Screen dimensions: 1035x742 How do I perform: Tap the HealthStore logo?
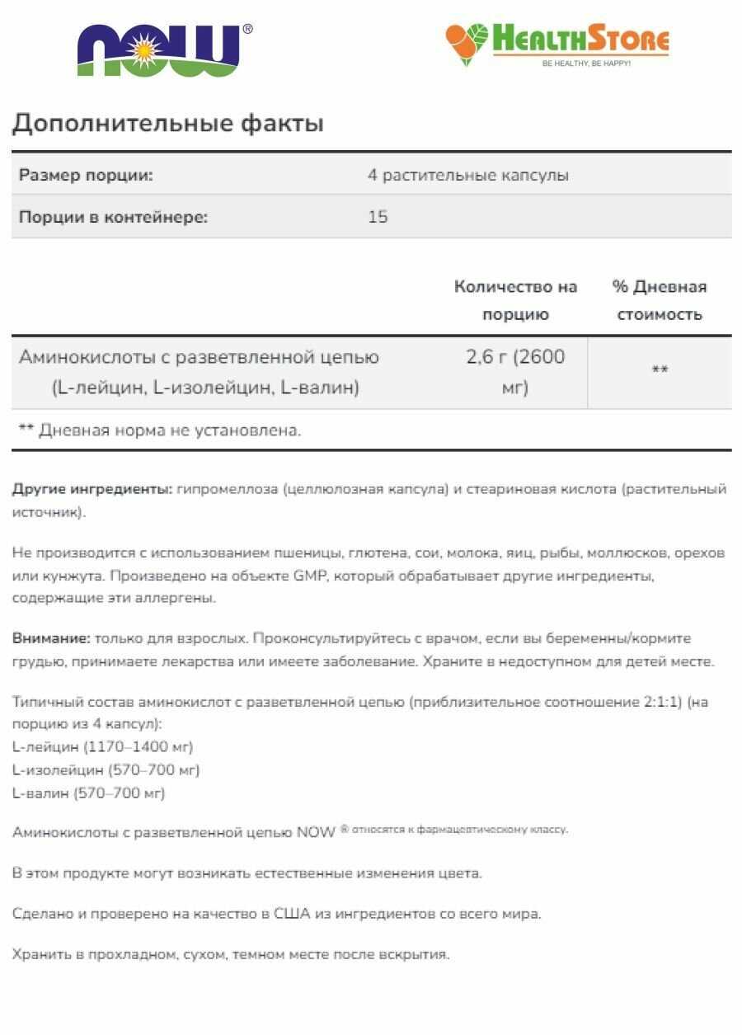point(557,45)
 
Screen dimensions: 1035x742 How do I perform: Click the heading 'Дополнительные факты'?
point(168,124)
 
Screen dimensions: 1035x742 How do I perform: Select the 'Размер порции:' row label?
point(86,176)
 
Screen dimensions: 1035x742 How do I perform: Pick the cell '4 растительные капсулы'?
point(467,176)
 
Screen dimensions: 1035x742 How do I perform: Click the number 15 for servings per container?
point(378,218)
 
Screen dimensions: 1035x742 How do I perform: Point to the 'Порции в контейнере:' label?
point(113,218)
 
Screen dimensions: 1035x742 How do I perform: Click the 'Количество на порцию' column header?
point(515,300)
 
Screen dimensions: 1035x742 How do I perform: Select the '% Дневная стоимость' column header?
point(660,300)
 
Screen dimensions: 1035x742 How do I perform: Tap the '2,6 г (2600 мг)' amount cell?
point(515,372)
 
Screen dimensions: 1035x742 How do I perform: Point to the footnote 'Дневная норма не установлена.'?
point(170,430)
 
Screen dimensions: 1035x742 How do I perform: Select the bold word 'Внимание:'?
point(51,639)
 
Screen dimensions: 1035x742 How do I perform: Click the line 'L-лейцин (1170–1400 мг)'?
point(103,747)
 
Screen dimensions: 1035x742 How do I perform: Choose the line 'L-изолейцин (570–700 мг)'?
point(106,770)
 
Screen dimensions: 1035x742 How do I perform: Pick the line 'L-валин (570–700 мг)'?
point(89,793)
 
